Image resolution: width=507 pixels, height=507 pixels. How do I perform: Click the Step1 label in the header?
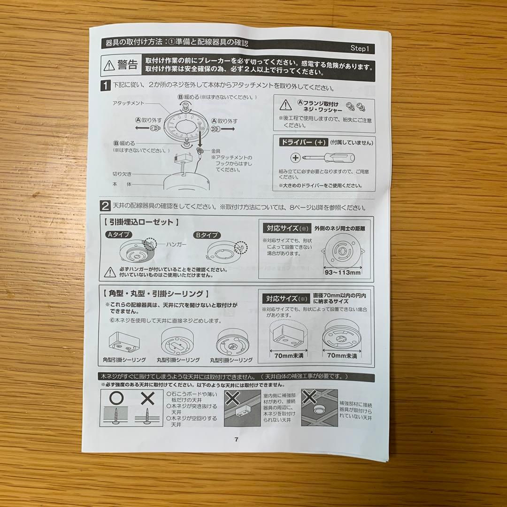tap(361, 49)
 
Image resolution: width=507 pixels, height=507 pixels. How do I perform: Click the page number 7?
tap(236, 439)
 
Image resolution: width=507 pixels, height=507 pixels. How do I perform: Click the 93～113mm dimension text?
tap(342, 272)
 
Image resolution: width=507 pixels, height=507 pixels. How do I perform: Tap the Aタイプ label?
tap(118, 234)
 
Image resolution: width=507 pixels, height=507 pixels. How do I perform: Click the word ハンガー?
tap(176, 245)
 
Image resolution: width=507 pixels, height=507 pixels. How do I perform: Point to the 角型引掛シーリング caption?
tap(124, 360)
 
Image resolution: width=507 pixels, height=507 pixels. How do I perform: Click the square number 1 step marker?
tap(106, 86)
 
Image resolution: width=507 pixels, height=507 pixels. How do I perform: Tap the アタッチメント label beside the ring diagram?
tap(128, 102)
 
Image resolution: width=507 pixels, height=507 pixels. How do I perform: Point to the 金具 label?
tap(215, 151)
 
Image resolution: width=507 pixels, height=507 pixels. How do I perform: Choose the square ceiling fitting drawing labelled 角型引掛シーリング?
tap(123, 341)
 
